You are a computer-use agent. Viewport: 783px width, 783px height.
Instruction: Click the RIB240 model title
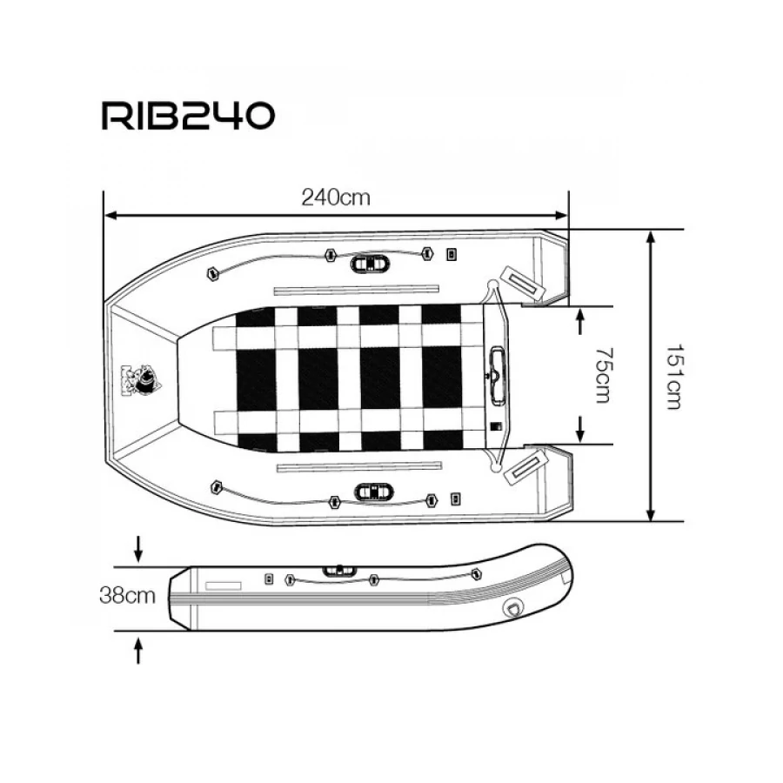point(188,116)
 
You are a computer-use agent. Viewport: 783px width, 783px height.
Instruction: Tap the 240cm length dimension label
point(336,197)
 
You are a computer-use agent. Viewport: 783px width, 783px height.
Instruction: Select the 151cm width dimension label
point(674,377)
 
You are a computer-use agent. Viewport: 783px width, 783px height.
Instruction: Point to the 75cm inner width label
point(603,375)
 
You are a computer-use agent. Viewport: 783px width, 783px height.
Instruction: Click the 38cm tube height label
point(127,595)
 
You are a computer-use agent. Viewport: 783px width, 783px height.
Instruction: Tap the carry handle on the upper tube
point(370,263)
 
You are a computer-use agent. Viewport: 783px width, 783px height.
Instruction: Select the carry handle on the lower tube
point(373,492)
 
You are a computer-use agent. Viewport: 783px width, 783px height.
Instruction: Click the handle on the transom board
point(498,376)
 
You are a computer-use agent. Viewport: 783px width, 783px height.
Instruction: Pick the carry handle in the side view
point(339,570)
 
